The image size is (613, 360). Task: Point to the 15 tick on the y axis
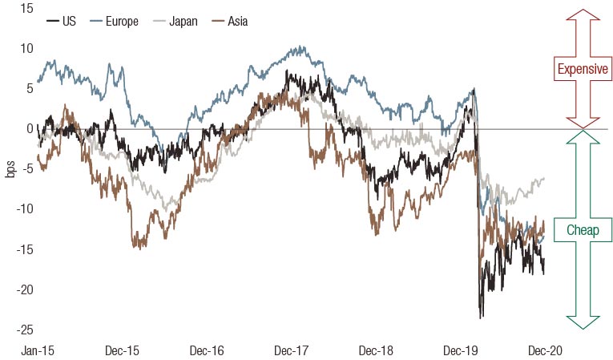pos(26,8)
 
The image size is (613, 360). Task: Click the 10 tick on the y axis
pos(26,48)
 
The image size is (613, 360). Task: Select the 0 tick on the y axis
pos(29,128)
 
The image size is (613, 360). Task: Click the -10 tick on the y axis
pos(24,208)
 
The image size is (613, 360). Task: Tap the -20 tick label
pos(24,289)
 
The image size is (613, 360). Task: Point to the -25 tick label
pos(24,329)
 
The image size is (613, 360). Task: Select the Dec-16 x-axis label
pos(206,350)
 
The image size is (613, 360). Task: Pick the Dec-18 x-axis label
pos(375,350)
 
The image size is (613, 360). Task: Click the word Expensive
pos(583,69)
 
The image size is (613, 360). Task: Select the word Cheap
pos(583,230)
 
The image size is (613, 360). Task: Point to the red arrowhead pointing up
pos(583,15)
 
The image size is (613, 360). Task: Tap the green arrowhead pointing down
pos(583,321)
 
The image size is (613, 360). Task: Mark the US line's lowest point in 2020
pos(482,318)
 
